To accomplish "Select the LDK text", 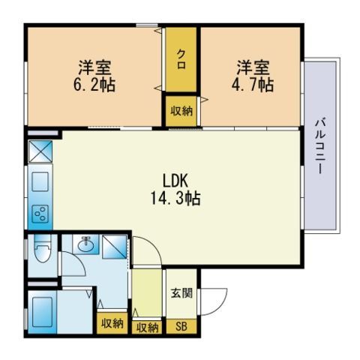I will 179,181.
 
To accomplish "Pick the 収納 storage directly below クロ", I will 181,111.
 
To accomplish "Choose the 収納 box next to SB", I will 147,326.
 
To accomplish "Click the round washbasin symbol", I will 85,244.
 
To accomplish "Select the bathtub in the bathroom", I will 42,311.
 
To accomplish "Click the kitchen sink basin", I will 39,181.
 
